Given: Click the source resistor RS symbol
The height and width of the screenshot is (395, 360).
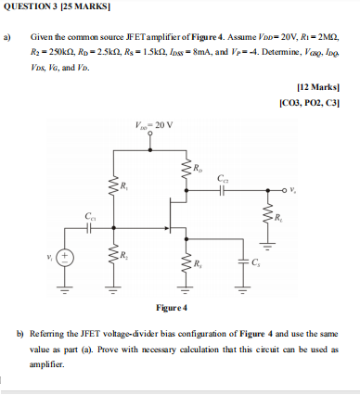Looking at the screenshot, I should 186,263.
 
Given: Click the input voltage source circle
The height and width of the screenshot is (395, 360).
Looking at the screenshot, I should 65,256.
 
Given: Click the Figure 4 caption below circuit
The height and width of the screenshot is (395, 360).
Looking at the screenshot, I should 173,307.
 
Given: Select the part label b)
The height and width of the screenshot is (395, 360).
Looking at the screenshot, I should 9,331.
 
